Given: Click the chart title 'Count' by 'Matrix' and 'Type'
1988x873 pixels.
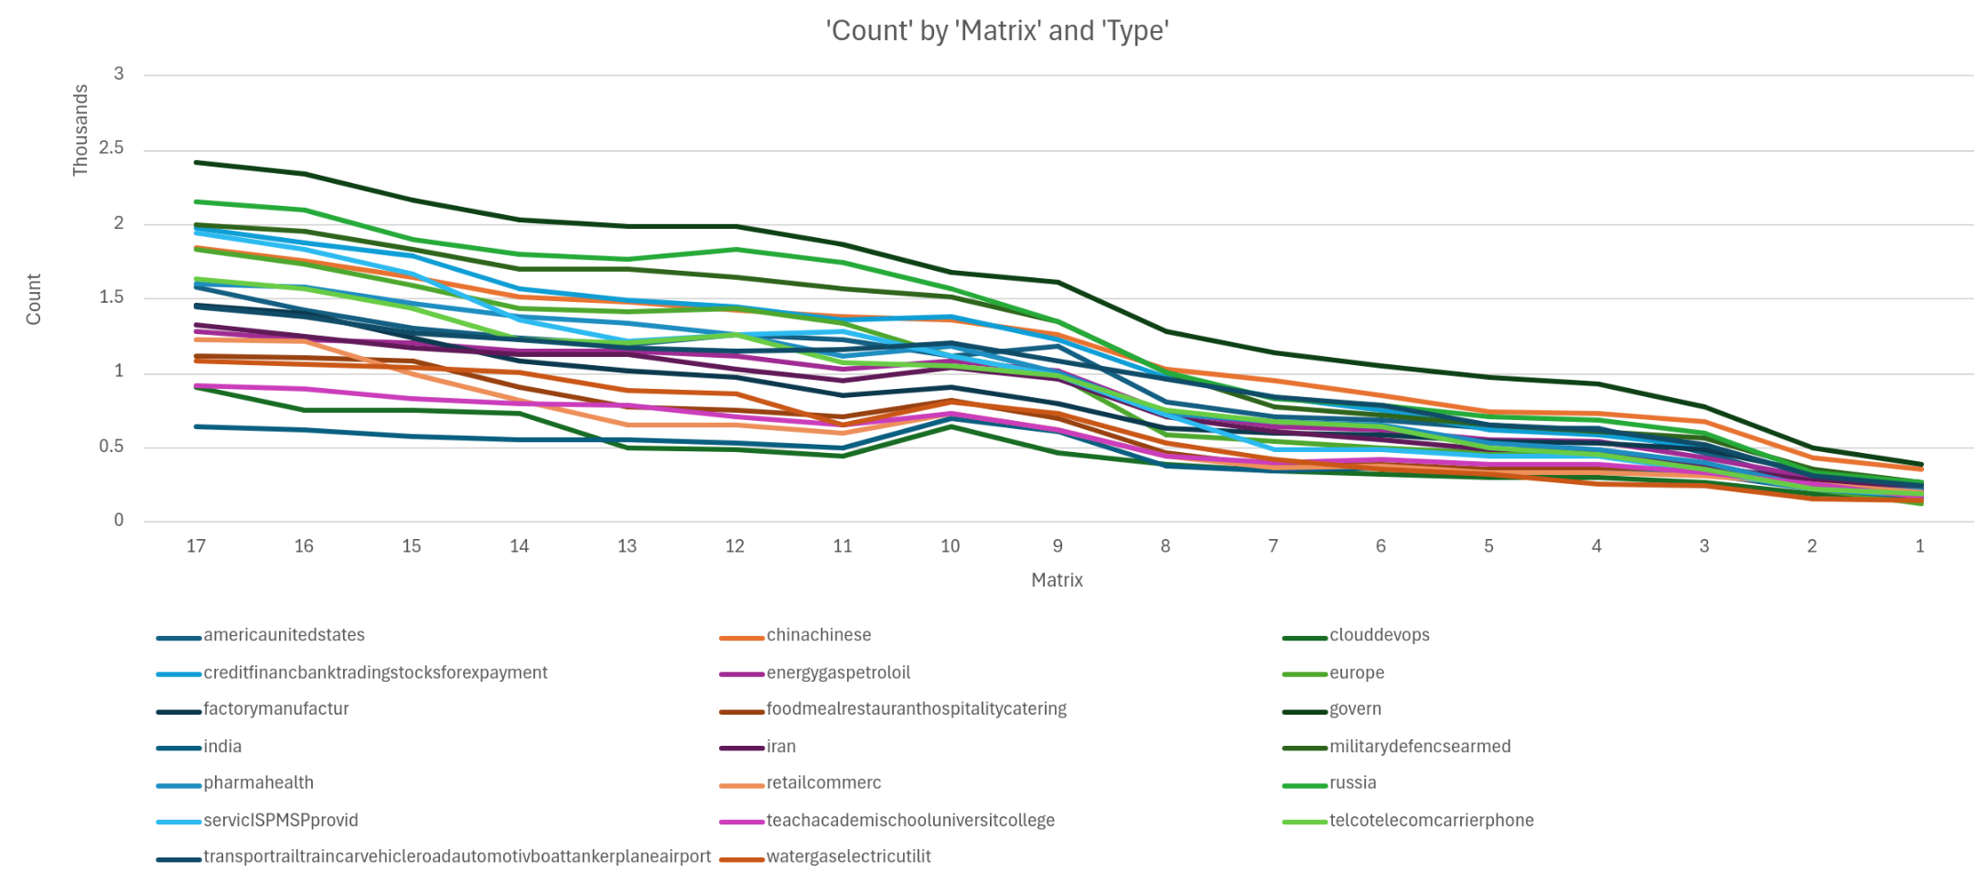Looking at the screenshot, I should click(997, 31).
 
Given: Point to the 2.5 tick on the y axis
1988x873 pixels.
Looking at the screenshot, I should click(112, 148).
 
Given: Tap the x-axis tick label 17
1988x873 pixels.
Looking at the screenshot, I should click(196, 546).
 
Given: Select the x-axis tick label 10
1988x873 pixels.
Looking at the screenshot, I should click(950, 546).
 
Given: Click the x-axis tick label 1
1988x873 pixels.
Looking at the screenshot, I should click(1919, 546).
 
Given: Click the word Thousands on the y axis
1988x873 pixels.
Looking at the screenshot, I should click(81, 130).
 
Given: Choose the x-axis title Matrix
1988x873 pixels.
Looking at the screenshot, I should click(1057, 580).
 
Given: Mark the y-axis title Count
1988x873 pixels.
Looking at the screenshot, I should click(34, 299).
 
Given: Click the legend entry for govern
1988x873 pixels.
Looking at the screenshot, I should click(1355, 709).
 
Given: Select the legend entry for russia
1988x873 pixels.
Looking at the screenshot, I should click(1352, 783).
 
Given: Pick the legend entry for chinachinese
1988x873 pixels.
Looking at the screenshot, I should click(818, 635).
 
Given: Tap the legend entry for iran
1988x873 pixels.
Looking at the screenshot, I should click(780, 747).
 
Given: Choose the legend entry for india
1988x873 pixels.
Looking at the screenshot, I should click(222, 747).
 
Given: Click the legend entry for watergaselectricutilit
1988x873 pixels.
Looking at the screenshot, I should click(848, 857).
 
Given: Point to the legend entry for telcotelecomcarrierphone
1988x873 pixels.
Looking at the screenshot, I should click(1431, 821).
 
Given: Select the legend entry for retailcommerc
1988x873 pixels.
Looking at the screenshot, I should click(823, 783).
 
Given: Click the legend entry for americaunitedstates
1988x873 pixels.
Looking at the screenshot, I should click(284, 635).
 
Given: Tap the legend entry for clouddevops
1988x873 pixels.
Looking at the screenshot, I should click(1379, 635).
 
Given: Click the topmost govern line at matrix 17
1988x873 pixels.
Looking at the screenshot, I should click(196, 163).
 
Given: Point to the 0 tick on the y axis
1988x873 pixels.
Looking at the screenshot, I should click(118, 521).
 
